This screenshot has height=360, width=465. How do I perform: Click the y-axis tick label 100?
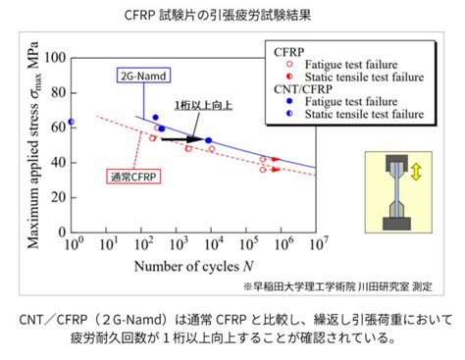point(55,58)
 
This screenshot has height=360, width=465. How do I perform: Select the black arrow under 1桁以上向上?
point(181,139)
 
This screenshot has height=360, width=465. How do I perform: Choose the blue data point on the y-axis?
point(71,123)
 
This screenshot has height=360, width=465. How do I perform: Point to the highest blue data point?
point(155,118)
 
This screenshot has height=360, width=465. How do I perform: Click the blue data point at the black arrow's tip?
point(209,140)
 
